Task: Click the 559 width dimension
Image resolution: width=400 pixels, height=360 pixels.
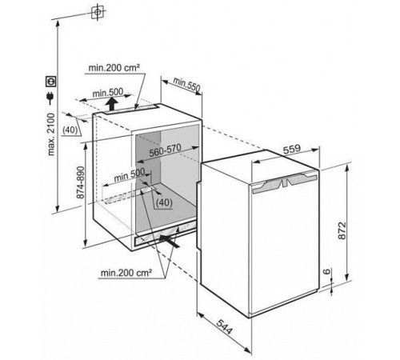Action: (292, 149)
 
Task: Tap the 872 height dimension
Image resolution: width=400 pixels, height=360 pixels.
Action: (342, 230)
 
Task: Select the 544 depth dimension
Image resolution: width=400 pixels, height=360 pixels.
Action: (224, 327)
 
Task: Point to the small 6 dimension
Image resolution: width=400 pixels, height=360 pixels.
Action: (326, 271)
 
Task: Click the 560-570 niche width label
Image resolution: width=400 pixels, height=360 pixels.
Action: (165, 150)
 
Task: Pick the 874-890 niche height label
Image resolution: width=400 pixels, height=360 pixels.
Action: (80, 182)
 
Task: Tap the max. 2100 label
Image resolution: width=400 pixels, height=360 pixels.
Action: (50, 134)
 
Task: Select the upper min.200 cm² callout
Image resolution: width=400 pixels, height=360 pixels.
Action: (114, 68)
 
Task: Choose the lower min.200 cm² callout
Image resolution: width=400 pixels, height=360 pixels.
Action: (126, 273)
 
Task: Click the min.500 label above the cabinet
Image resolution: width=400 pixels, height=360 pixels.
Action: (108, 93)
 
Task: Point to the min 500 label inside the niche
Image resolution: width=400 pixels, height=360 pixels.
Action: (130, 174)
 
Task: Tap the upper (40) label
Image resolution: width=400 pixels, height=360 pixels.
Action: (70, 130)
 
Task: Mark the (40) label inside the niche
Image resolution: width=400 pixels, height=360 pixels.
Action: (164, 202)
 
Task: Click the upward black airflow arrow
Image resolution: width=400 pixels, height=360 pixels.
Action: (112, 104)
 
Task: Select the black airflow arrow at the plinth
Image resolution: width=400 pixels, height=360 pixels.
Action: (169, 241)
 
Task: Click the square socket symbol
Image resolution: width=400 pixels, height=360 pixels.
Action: (50, 82)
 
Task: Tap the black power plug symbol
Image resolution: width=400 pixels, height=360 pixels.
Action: (50, 98)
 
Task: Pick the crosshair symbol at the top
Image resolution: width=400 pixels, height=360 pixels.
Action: (98, 12)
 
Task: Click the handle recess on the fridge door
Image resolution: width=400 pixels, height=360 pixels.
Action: (285, 182)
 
